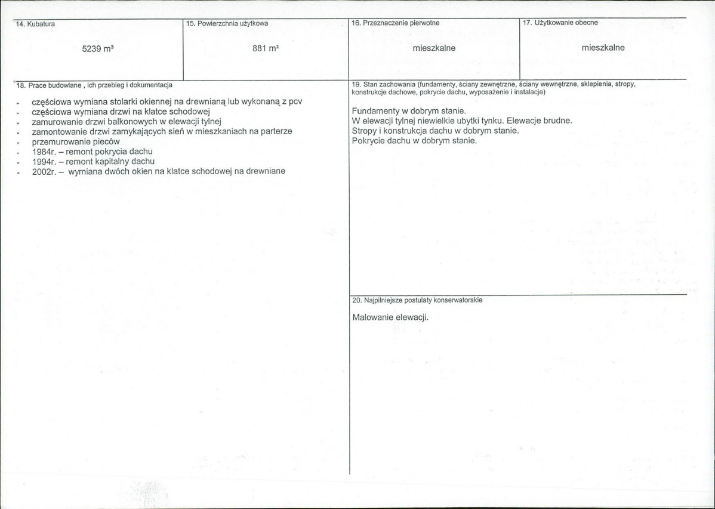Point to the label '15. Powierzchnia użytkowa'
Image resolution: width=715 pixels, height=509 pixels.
227,23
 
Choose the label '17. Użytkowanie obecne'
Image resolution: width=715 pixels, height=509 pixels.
560,23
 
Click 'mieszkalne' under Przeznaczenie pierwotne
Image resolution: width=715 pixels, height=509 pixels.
434,48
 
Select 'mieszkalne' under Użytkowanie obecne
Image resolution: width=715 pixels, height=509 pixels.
603,48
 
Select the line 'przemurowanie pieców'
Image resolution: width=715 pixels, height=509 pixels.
76,141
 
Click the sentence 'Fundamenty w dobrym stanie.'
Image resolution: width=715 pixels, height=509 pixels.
408,111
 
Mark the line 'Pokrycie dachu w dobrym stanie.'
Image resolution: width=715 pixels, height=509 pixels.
414,140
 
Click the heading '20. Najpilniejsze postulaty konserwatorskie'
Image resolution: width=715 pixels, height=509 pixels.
417,300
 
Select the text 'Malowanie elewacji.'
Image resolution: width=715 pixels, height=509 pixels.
390,317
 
